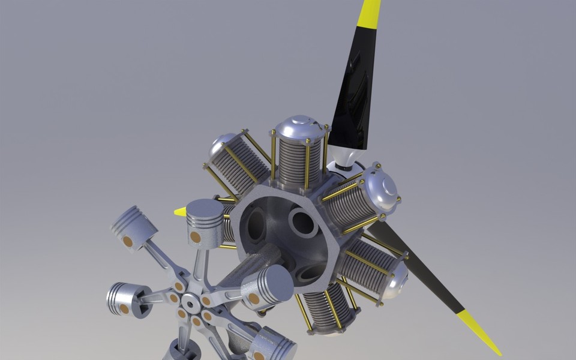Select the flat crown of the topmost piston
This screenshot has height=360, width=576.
pyautogui.click(x=205, y=208)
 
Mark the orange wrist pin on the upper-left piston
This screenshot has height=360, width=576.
pyautogui.click(x=127, y=241)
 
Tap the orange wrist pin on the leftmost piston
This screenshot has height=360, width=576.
pyautogui.click(x=124, y=308)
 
